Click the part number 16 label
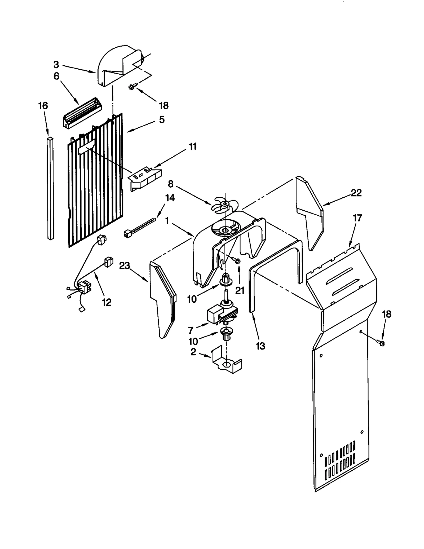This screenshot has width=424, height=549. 43,106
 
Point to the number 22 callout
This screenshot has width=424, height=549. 356,193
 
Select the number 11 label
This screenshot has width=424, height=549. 193,146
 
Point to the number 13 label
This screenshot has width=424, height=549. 260,346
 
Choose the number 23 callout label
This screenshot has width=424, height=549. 125,265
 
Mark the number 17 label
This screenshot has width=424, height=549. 357,218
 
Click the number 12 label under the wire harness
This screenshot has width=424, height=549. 107,302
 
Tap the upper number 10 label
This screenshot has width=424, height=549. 192,299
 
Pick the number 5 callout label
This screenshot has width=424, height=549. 162,120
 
